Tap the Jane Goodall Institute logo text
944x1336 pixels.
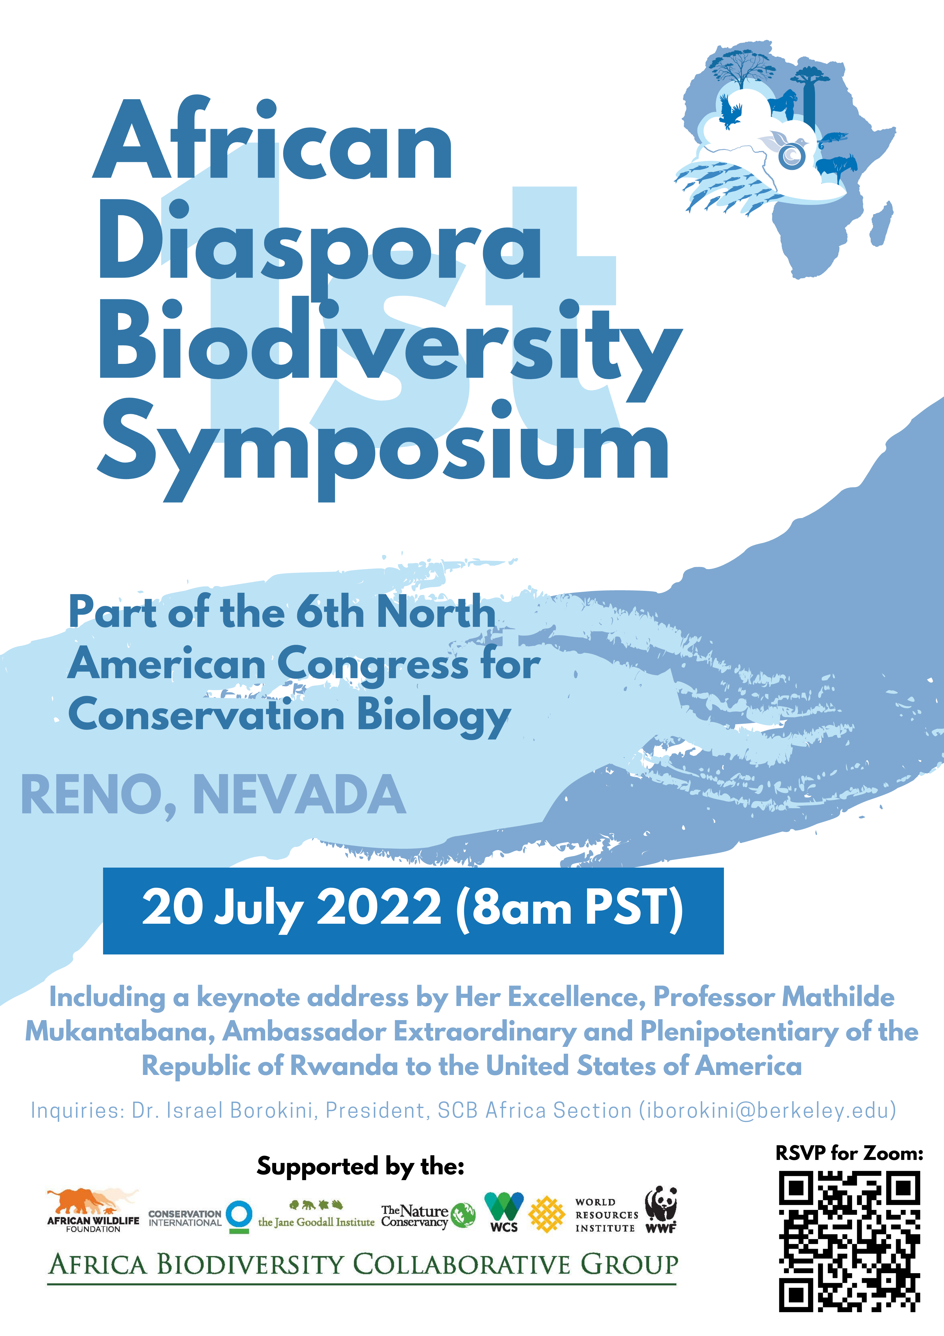pyautogui.click(x=316, y=1222)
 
